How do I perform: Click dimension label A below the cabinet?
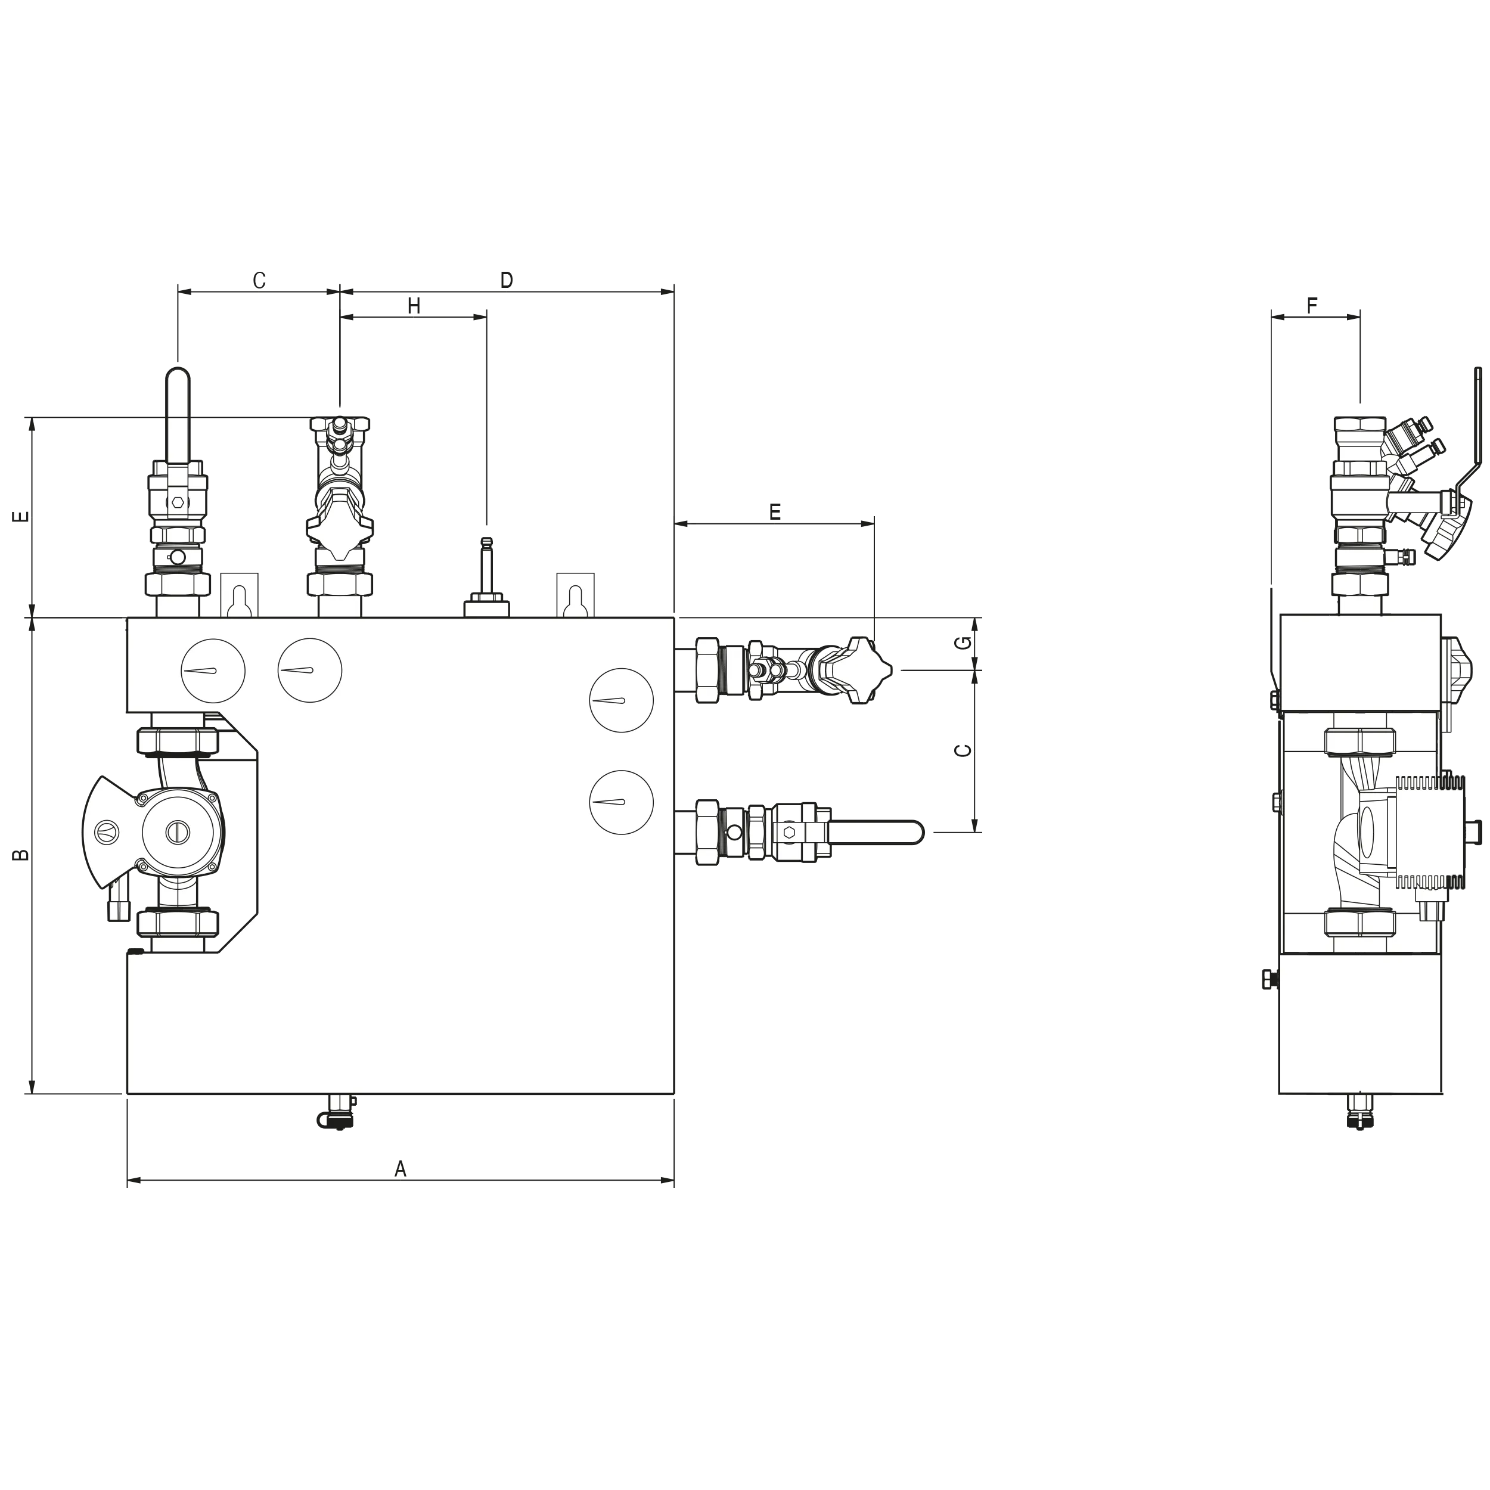tap(401, 1169)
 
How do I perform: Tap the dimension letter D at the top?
tap(507, 281)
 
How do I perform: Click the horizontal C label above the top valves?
tap(259, 281)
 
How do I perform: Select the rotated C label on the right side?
tap(963, 750)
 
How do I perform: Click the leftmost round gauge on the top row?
tap(213, 670)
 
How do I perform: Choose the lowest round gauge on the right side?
tap(621, 802)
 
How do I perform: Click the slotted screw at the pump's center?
tap(176, 831)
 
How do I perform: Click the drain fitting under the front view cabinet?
tap(337, 1110)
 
